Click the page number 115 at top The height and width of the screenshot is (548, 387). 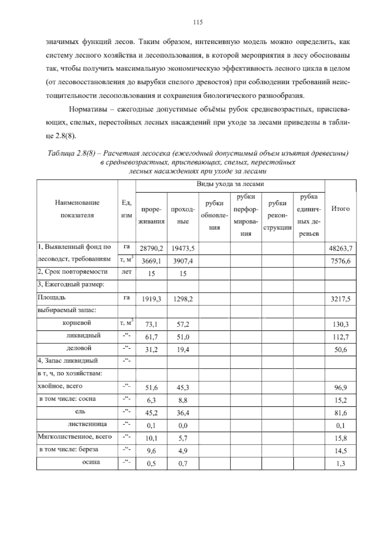point(197,22)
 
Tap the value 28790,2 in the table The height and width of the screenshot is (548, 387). point(151,248)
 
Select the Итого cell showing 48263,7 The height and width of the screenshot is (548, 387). point(341,248)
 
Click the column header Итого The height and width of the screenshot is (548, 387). point(341,209)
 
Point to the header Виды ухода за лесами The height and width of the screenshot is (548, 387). point(230,184)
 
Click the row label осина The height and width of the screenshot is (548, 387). point(91,462)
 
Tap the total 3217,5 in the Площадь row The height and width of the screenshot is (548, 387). point(341,299)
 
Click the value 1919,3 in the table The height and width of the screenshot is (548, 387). point(151,299)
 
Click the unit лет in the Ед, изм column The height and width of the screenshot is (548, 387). point(127,272)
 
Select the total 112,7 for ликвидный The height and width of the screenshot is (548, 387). point(341,337)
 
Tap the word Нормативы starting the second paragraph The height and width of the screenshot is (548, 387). point(86,109)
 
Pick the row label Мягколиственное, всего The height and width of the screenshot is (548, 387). point(75,437)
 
